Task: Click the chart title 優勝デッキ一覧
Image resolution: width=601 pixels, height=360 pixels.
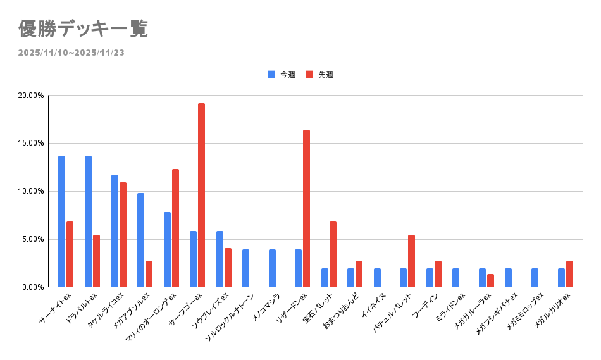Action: [83, 29]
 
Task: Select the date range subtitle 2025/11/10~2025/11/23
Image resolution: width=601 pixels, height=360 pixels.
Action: [71, 53]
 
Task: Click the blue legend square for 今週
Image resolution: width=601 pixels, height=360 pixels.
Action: [271, 75]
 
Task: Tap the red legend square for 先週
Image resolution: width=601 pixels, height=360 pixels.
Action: [309, 75]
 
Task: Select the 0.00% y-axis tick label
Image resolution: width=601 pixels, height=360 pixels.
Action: [32, 287]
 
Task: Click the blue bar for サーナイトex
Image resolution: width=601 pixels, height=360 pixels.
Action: [61, 221]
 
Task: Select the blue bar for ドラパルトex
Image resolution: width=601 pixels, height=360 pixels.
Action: [88, 221]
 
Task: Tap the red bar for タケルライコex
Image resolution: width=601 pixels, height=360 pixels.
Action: [123, 235]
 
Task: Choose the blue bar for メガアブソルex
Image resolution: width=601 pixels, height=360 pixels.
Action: [140, 240]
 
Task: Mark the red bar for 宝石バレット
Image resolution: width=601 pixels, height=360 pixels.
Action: [333, 254]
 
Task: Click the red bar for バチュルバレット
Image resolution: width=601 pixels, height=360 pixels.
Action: [411, 261]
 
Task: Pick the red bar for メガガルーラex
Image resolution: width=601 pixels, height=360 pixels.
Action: [490, 280]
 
